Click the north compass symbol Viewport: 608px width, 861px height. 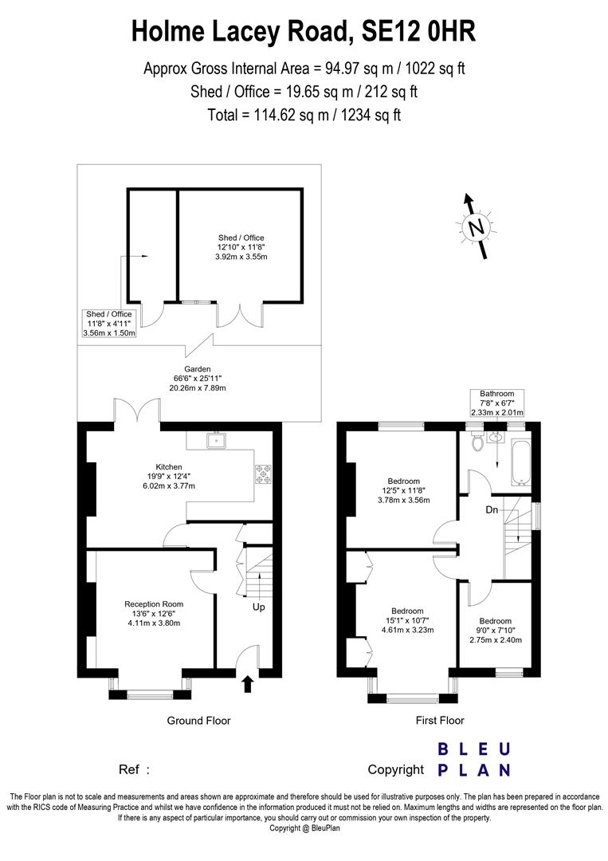pos(477,227)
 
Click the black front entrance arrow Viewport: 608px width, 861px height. pos(247,682)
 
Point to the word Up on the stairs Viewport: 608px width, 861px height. pos(259,607)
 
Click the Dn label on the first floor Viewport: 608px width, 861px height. pos(493,509)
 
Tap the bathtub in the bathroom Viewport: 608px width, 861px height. pos(521,462)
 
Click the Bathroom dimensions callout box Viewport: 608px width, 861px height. pos(496,403)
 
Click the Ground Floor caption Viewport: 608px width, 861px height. pos(198,721)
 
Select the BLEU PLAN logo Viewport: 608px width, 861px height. pos(473,759)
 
